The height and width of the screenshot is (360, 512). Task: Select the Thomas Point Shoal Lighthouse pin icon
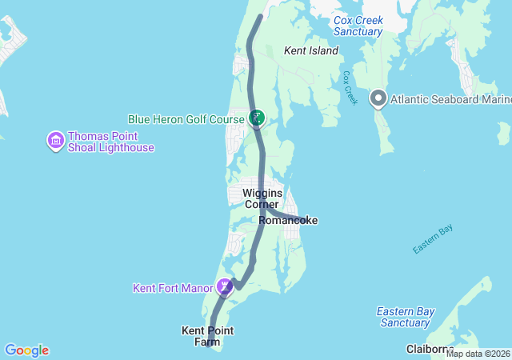click(56, 142)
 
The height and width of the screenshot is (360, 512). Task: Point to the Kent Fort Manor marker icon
click(226, 286)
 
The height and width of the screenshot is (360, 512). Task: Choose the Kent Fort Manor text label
click(173, 286)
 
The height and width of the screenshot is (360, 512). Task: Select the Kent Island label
click(311, 50)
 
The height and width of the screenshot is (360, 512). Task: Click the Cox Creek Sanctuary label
click(358, 26)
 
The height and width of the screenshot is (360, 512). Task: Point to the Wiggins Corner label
click(262, 198)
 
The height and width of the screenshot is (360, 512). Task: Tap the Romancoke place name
click(288, 220)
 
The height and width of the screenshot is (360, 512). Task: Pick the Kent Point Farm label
click(206, 336)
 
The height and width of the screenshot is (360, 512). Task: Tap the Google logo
click(26, 350)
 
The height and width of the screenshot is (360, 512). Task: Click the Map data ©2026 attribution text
click(478, 354)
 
